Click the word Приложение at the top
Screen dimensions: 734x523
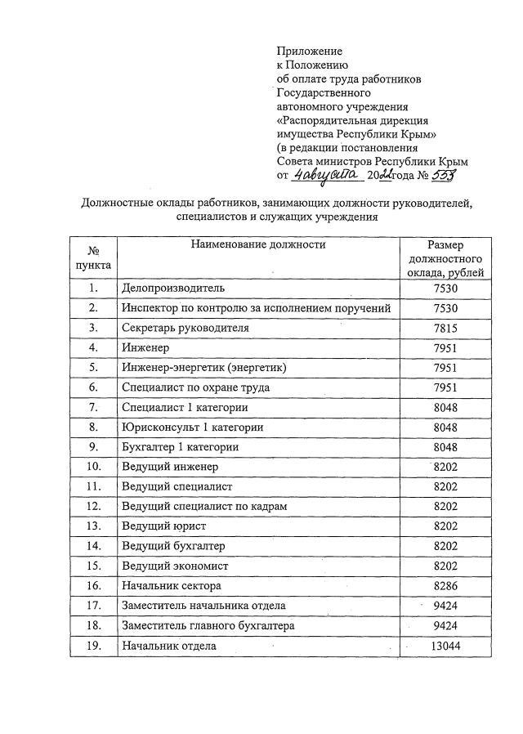pyautogui.click(x=310, y=51)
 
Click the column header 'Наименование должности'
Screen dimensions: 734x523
pyautogui.click(x=258, y=244)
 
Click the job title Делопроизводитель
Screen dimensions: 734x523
pyautogui.click(x=172, y=288)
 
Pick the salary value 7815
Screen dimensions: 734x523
pyautogui.click(x=445, y=328)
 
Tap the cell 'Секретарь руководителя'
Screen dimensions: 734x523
pyautogui.click(x=185, y=328)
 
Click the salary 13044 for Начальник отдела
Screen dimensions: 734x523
pyautogui.click(x=445, y=646)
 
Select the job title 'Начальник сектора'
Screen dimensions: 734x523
pyautogui.click(x=171, y=586)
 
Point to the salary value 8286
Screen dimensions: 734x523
pyautogui.click(x=445, y=586)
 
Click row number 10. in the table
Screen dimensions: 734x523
pyautogui.click(x=93, y=467)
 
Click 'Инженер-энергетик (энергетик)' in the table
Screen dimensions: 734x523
pyautogui.click(x=203, y=368)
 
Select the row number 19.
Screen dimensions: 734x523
pyautogui.click(x=93, y=646)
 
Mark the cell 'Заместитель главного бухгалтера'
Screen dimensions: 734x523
pyautogui.click(x=208, y=626)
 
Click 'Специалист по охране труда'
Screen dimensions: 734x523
pyautogui.click(x=195, y=387)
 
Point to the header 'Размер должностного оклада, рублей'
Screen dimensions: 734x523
pyautogui.click(x=445, y=257)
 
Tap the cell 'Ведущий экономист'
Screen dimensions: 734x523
pyautogui.click(x=175, y=566)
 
